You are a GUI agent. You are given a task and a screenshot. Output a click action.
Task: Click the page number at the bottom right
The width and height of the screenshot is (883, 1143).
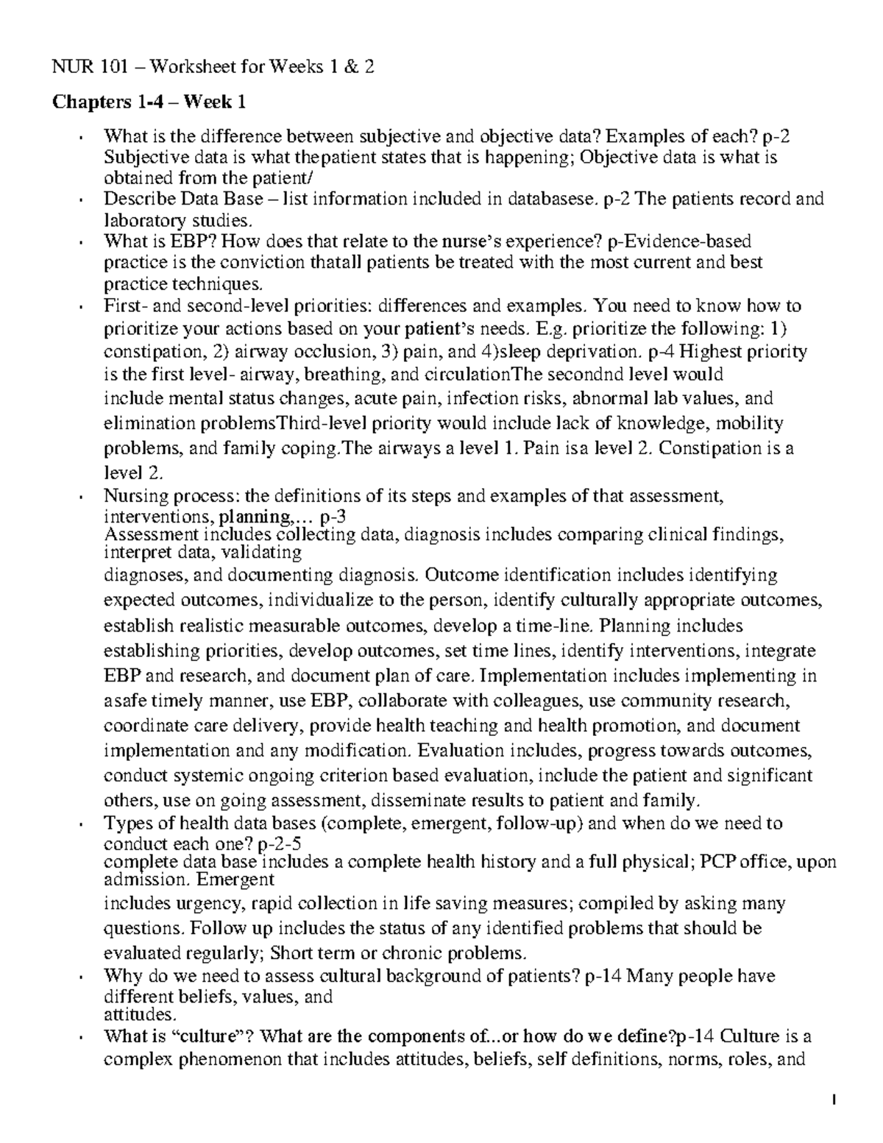(x=834, y=1101)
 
